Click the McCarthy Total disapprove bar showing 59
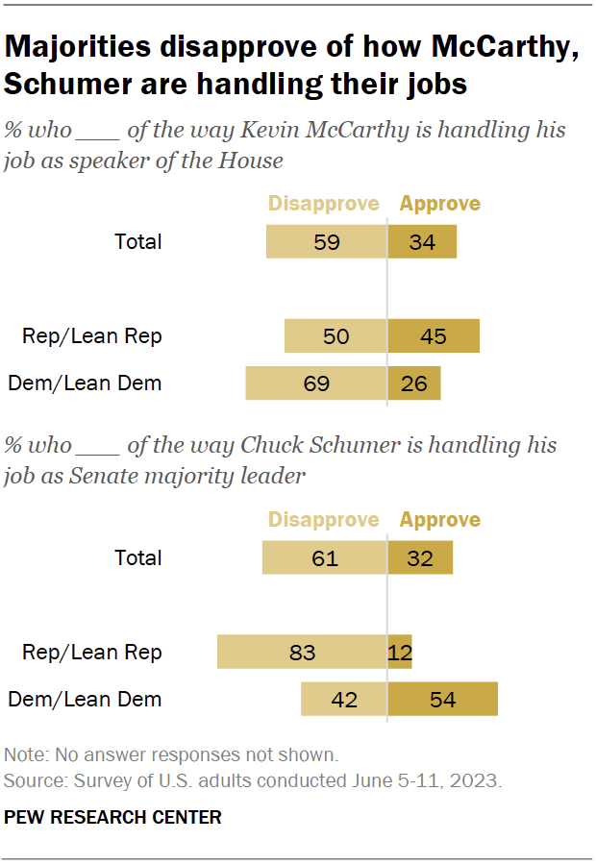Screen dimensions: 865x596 (327, 241)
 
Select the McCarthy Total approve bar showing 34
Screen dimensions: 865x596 (422, 241)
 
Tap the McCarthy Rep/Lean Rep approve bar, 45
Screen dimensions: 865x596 (434, 336)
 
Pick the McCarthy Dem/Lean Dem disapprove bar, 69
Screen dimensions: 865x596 (316, 383)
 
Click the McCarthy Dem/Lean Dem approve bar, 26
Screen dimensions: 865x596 (414, 383)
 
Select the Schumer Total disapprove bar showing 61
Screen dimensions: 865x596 (325, 557)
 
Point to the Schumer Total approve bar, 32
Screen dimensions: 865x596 (420, 557)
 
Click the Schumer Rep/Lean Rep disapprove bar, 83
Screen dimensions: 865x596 (302, 652)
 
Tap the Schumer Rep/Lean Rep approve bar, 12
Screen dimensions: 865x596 (400, 652)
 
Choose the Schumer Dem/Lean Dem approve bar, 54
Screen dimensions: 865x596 (442, 699)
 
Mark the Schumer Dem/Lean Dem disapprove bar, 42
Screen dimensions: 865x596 (344, 699)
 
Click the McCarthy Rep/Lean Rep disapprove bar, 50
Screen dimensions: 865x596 (335, 336)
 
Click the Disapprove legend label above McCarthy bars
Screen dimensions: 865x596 (323, 204)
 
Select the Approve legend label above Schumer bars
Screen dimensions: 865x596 (440, 520)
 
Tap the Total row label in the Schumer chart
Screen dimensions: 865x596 (138, 557)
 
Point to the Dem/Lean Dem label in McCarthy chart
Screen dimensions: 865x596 (85, 383)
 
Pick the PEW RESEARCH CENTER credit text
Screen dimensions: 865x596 (112, 818)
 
